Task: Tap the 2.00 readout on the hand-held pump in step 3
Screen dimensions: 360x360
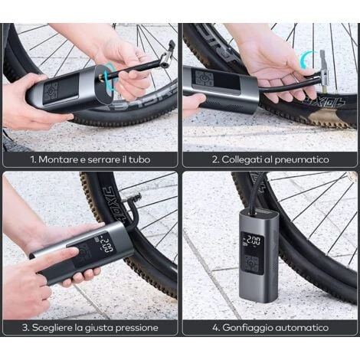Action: (x=107, y=245)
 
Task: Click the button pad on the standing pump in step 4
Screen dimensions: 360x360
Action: (x=251, y=263)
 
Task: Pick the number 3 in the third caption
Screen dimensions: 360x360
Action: (x=25, y=328)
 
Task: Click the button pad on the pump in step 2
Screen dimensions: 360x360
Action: (x=203, y=78)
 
